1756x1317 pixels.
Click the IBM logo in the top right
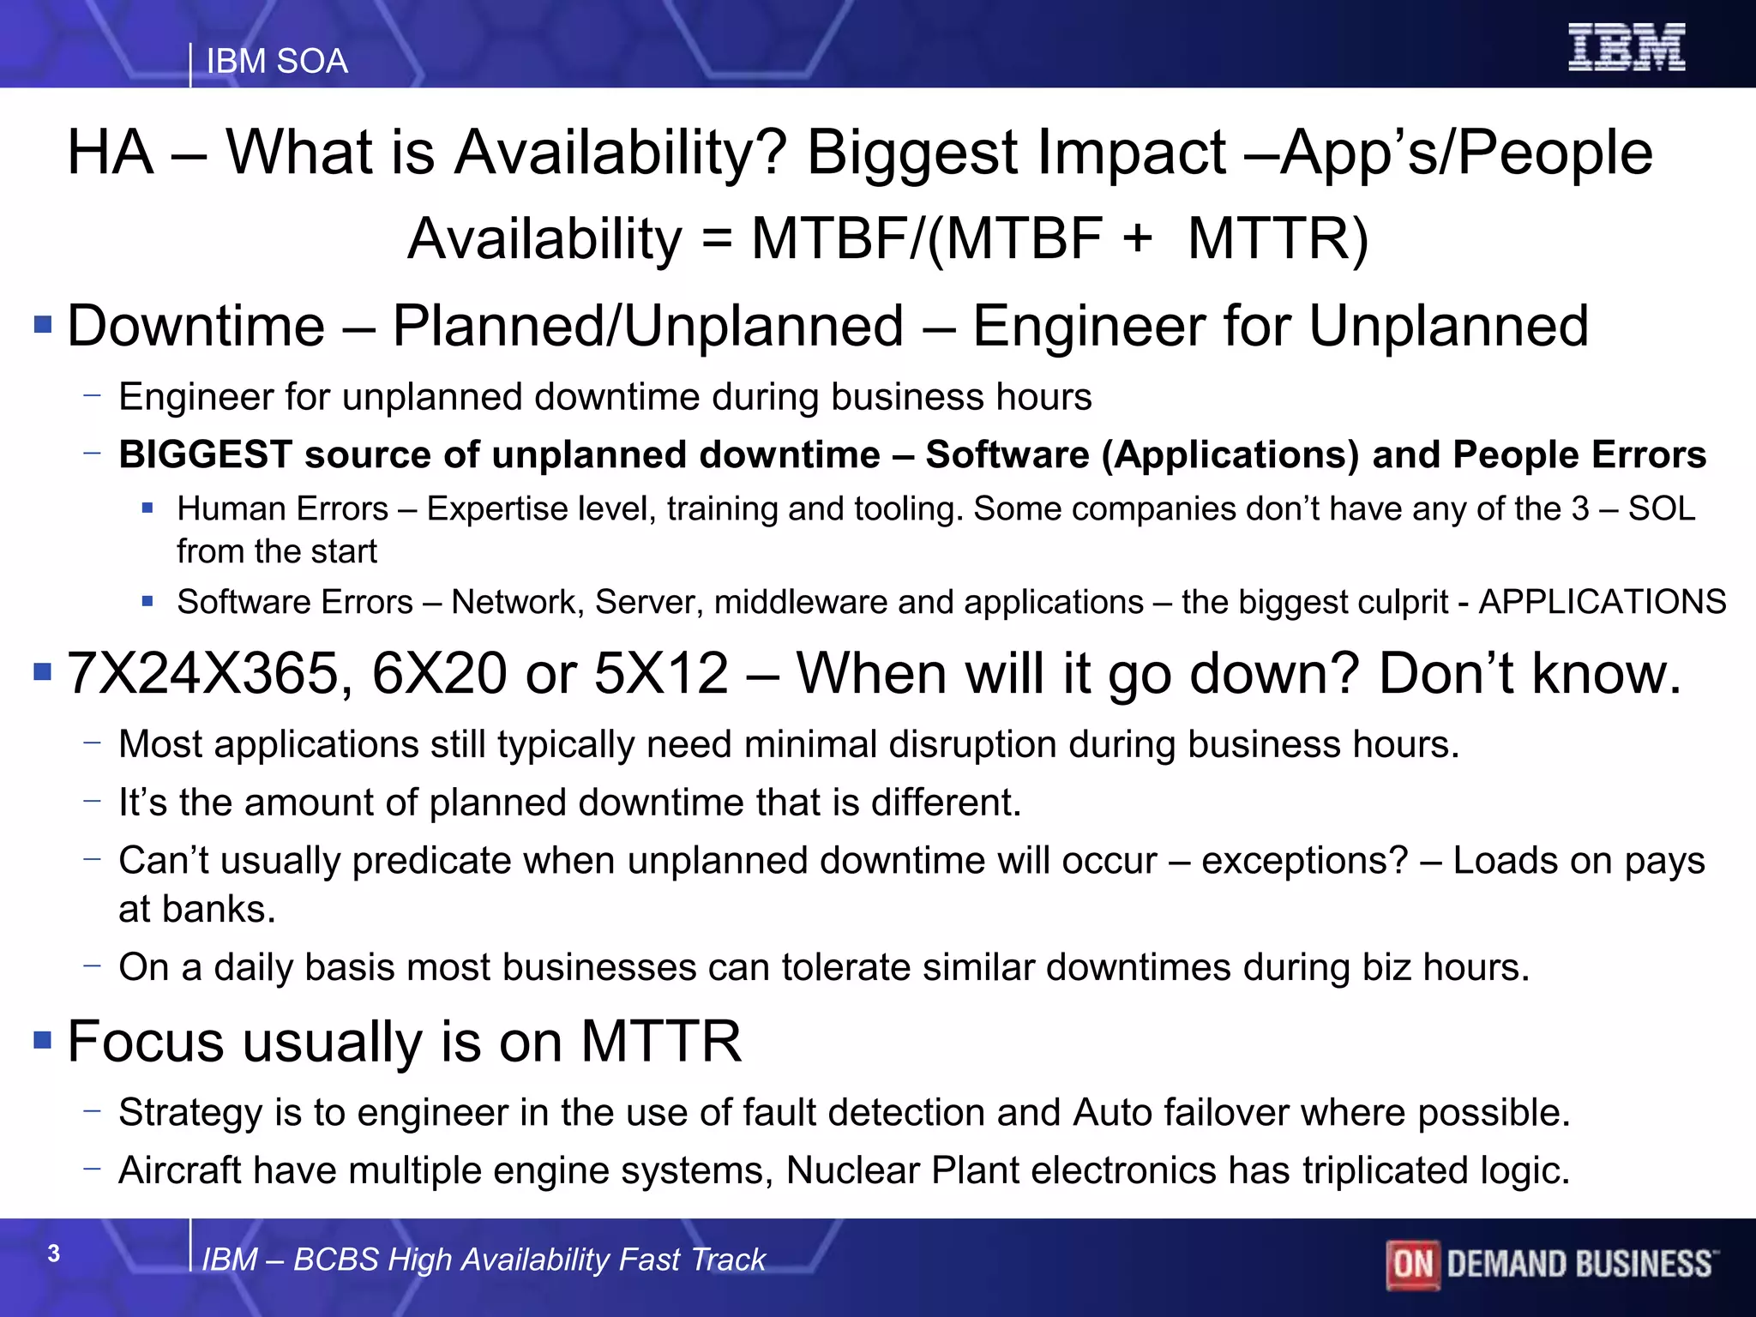click(x=1626, y=47)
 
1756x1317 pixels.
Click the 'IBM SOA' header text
click(x=277, y=62)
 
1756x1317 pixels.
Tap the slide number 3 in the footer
click(x=54, y=1254)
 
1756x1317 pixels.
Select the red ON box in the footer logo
click(x=1412, y=1264)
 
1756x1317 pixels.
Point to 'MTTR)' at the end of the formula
click(x=1278, y=239)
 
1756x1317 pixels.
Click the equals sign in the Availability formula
click(x=716, y=239)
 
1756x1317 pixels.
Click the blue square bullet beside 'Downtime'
click(x=43, y=325)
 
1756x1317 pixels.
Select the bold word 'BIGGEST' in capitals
click(x=206, y=454)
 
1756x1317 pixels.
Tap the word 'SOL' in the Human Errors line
click(x=1661, y=509)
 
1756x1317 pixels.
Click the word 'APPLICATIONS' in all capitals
click(x=1602, y=602)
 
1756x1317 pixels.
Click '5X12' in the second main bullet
click(x=661, y=674)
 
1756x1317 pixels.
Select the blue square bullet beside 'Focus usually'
click(x=43, y=1040)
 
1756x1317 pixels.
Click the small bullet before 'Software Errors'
click(x=147, y=602)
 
